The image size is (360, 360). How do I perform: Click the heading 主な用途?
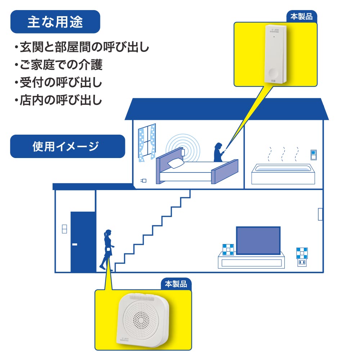click(x=55, y=22)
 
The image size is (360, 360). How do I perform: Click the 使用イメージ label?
click(x=67, y=146)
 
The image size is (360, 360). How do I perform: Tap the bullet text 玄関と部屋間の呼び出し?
click(x=81, y=47)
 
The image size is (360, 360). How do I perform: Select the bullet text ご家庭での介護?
click(x=59, y=65)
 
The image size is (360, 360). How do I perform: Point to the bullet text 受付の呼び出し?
click(x=59, y=83)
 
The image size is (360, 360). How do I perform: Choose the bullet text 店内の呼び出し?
click(x=59, y=100)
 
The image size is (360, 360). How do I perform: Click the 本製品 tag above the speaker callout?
click(x=176, y=284)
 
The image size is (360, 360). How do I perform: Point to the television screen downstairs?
click(x=258, y=240)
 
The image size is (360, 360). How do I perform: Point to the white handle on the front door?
click(x=75, y=244)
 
